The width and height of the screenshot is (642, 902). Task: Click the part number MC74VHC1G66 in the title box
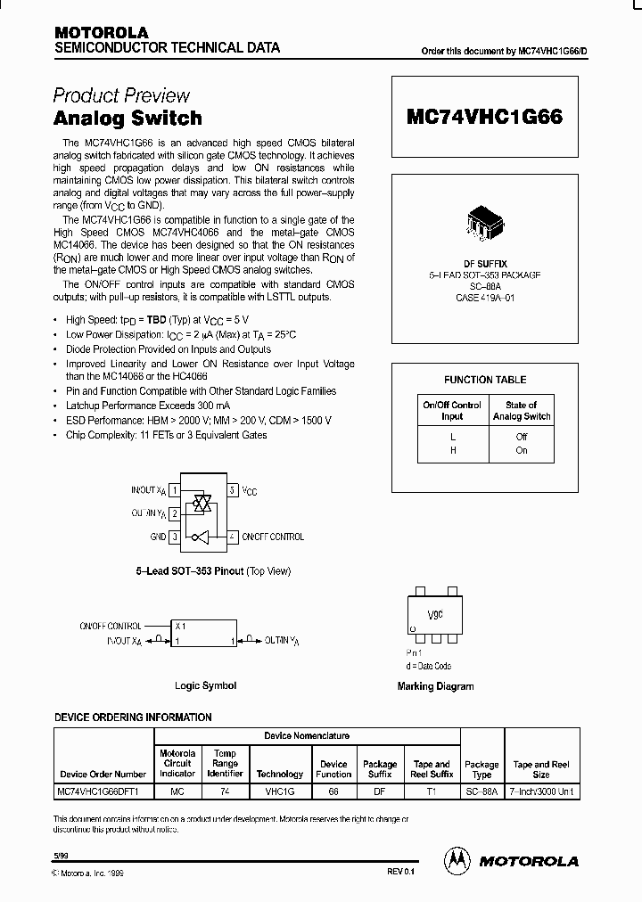pos(484,117)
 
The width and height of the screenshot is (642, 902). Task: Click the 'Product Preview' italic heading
pos(121,95)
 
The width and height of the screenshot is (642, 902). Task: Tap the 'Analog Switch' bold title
pos(128,119)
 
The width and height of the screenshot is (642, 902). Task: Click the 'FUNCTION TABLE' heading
pos(485,380)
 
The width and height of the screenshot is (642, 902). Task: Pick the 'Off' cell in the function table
pos(522,437)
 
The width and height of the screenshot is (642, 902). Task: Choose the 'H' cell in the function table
pos(452,450)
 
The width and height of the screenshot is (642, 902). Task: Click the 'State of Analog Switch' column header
pos(522,410)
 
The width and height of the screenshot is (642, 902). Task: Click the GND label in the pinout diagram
pos(159,537)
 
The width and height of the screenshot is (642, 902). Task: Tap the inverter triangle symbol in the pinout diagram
pos(204,537)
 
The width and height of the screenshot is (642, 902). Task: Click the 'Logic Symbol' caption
pos(206,685)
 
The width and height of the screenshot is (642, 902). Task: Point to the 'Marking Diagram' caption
pos(435,686)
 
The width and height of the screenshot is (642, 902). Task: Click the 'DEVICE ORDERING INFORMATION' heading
pos(133,717)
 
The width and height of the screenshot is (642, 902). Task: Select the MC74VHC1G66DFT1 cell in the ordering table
pos(103,791)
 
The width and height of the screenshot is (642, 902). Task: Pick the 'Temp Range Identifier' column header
pos(226,764)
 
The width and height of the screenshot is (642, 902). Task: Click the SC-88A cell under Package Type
pos(481,791)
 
